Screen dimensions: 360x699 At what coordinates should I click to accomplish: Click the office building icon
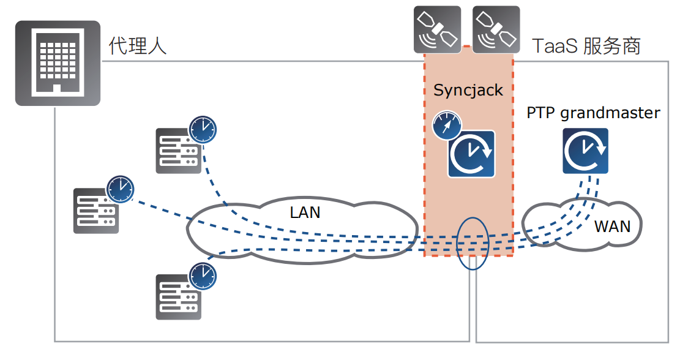pos(58,62)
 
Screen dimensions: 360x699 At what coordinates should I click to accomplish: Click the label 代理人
pos(138,47)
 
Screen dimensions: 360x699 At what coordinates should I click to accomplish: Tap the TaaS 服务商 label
pos(586,46)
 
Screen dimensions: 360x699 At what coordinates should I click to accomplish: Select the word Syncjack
pos(468,90)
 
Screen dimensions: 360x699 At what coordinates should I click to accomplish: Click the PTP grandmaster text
pos(593,113)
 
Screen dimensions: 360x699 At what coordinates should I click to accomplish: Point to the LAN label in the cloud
pos(305,212)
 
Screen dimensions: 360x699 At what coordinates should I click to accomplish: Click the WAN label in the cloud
pos(612,226)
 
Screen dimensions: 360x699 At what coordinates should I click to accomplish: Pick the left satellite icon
pos(437,28)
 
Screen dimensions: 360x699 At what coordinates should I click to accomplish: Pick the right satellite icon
pos(496,28)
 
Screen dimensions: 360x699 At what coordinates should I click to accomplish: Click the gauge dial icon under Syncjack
pos(446,125)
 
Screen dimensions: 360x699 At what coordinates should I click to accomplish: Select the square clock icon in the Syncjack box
pos(471,154)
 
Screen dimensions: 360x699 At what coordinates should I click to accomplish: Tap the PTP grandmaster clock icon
pos(585,151)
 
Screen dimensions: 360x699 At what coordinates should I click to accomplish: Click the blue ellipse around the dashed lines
pos(473,243)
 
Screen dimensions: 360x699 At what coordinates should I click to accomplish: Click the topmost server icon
pos(177,151)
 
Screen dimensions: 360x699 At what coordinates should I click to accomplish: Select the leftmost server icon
pos(95,211)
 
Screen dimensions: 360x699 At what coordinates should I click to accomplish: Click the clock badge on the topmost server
pos(203,129)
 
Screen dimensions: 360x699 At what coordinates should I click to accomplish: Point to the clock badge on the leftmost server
pos(121,189)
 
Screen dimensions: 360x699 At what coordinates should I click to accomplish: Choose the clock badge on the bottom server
pos(203,276)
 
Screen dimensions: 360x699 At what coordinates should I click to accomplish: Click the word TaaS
pos(555,46)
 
